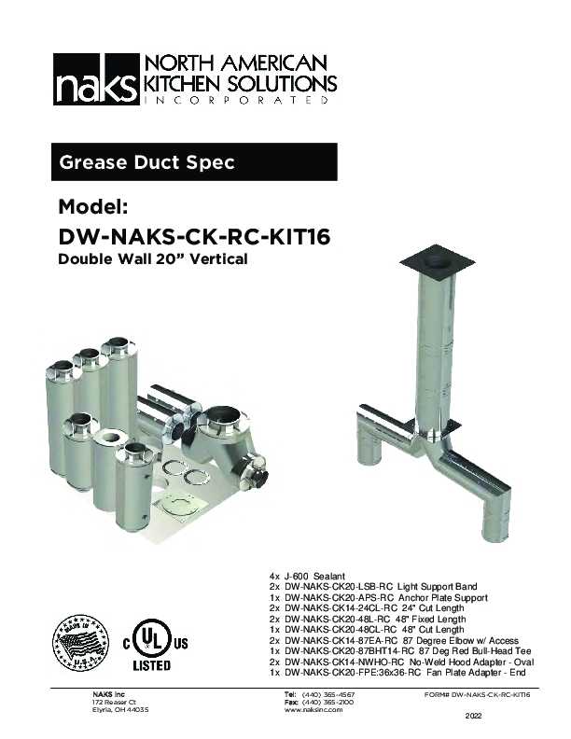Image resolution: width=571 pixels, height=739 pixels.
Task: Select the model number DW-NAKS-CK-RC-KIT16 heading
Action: coord(194,237)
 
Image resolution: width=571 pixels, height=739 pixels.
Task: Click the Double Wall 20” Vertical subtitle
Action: coord(153,259)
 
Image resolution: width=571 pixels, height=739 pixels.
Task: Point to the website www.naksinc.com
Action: coord(313,710)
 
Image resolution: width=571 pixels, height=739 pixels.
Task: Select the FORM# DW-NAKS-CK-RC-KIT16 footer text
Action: coord(477,695)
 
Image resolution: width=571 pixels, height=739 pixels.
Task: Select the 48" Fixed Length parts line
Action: coord(369,620)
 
